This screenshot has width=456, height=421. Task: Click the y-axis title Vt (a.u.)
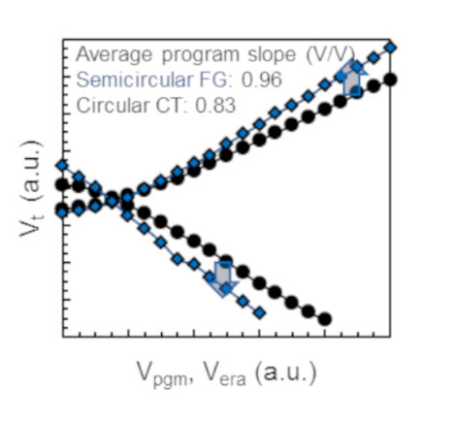(x=31, y=188)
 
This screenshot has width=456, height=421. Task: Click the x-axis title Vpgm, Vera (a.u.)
(x=226, y=374)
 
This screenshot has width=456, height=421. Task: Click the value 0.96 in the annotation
(x=262, y=80)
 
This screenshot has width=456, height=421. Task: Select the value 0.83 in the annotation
(x=215, y=105)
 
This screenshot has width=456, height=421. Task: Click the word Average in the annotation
(x=114, y=54)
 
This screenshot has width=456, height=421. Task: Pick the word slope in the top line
(x=272, y=54)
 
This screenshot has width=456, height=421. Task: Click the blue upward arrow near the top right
(x=351, y=78)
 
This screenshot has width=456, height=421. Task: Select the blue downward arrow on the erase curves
(x=223, y=279)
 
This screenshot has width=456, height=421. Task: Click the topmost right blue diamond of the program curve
(x=391, y=48)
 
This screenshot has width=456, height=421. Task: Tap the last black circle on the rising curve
(x=391, y=80)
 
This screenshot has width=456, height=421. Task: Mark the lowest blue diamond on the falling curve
(x=259, y=313)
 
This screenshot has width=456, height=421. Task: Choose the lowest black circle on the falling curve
(x=325, y=319)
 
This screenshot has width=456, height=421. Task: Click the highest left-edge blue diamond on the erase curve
(x=62, y=166)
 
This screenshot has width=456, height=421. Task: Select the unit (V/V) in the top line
(x=331, y=54)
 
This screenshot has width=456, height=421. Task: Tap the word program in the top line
(x=200, y=55)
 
